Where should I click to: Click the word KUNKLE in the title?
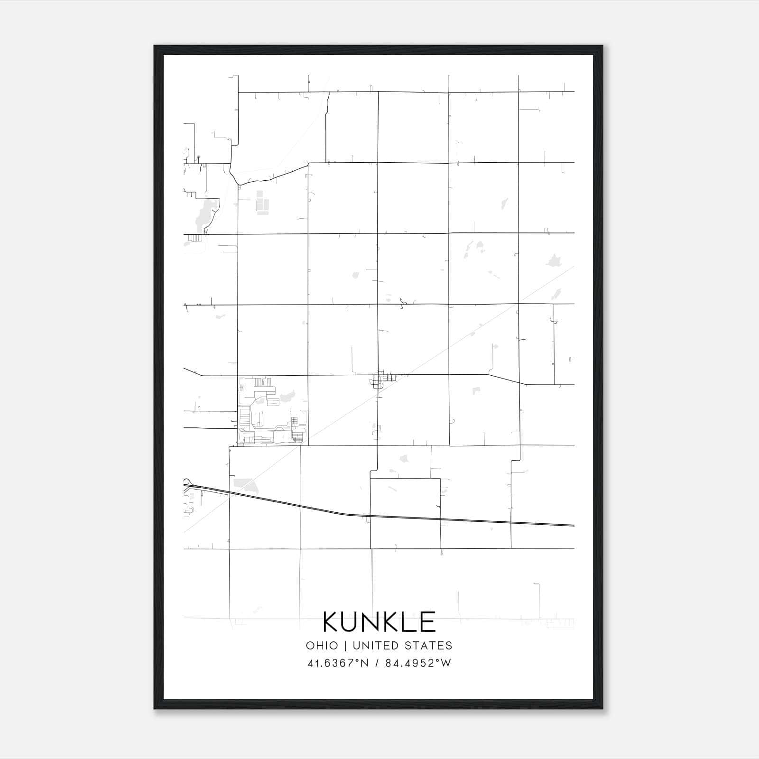(x=379, y=622)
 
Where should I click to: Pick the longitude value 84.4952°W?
(x=418, y=663)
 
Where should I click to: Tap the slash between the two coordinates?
(x=377, y=663)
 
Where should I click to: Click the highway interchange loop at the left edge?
(x=186, y=482)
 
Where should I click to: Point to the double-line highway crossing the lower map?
(x=427, y=518)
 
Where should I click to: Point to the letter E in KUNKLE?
(x=427, y=622)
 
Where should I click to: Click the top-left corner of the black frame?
(x=155, y=46)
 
